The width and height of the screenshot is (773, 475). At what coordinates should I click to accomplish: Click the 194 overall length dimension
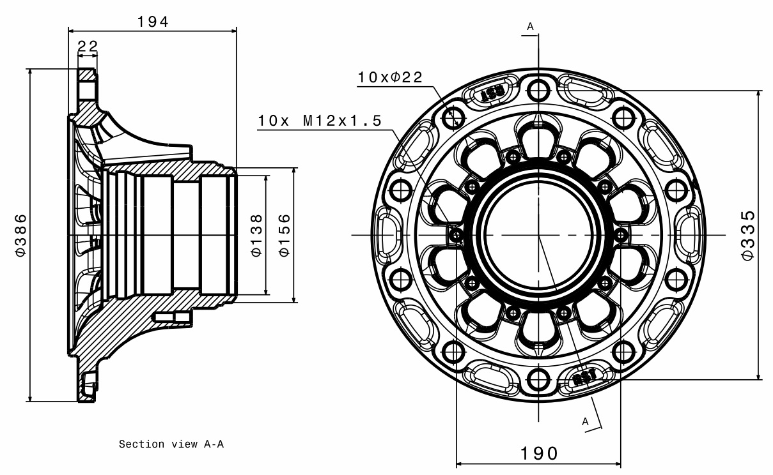(152, 21)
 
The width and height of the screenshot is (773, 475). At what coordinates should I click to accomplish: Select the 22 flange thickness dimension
(88, 47)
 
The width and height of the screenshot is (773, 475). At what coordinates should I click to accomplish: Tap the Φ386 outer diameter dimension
(21, 235)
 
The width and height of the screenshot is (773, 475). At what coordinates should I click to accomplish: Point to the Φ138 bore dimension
(256, 235)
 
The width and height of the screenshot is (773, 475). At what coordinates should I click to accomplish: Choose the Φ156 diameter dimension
(285, 235)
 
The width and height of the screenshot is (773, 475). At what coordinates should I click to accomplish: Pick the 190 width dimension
(538, 453)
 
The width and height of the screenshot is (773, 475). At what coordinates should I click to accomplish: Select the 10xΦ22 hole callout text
(390, 77)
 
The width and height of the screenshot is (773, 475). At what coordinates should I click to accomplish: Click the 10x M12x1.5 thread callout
(320, 121)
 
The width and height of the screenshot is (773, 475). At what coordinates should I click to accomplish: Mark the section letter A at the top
(530, 26)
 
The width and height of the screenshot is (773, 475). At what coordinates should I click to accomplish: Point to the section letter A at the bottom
(584, 421)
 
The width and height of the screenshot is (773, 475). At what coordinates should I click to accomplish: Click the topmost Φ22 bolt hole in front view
(538, 89)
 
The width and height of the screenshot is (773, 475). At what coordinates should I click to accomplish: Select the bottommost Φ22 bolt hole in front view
(538, 382)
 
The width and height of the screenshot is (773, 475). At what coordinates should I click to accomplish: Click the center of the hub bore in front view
(538, 235)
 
